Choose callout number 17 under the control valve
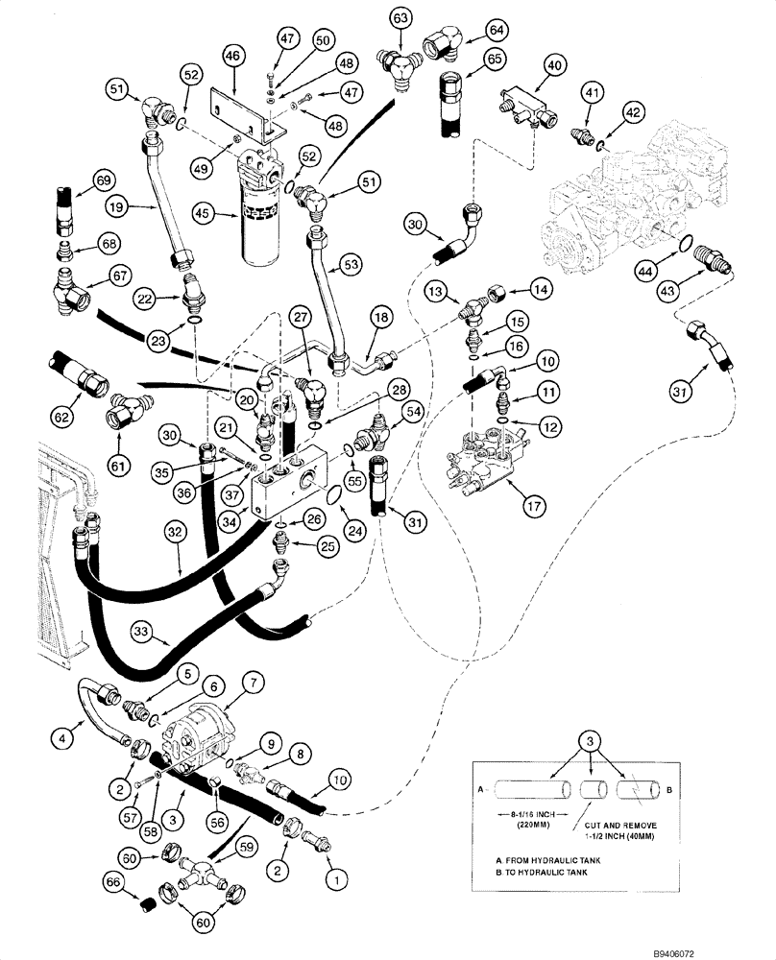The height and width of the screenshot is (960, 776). pyautogui.click(x=524, y=500)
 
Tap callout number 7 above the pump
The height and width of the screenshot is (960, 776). pyautogui.click(x=253, y=684)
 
